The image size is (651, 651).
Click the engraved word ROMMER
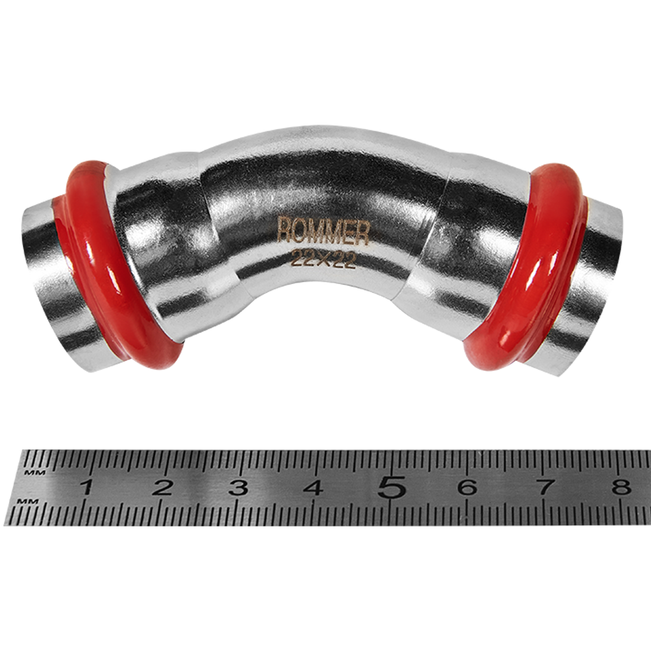click(322, 231)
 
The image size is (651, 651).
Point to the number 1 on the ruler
click(86, 486)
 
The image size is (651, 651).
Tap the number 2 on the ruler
click(162, 486)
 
